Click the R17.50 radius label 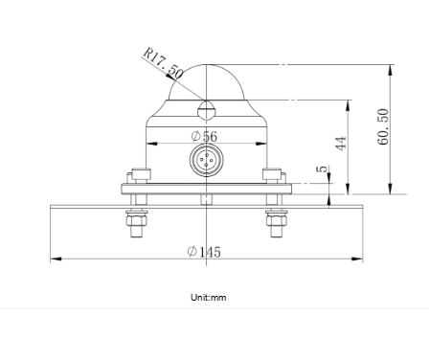pos(163,63)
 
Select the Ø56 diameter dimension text pos(204,136)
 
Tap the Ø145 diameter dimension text pos(204,252)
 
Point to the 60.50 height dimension pos(383,126)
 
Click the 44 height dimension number pos(341,144)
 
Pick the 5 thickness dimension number pos(323,169)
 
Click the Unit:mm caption pos(209,298)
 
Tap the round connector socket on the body pos(206,159)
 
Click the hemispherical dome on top pos(206,82)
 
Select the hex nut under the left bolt pos(137,218)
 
